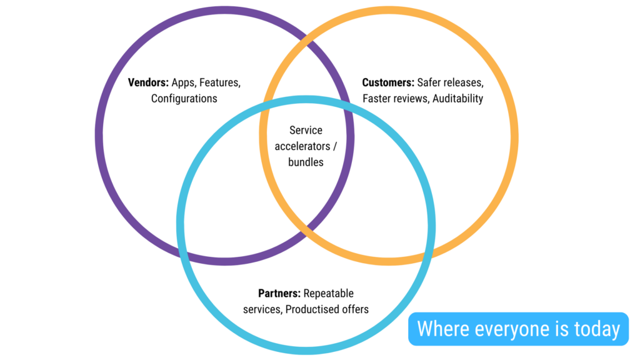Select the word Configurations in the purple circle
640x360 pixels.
tap(184, 99)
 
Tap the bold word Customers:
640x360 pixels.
tap(388, 82)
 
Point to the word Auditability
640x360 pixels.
tap(457, 99)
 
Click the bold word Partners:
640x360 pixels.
tap(279, 293)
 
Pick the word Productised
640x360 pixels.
tap(312, 309)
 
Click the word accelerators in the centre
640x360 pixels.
tap(302, 146)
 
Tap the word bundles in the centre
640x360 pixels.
tap(306, 162)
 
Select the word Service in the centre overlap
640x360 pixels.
tap(306, 131)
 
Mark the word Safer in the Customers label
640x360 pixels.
tap(430, 82)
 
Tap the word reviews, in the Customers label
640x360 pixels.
tap(411, 99)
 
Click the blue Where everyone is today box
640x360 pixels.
tap(518, 329)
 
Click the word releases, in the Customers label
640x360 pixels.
tap(464, 82)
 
